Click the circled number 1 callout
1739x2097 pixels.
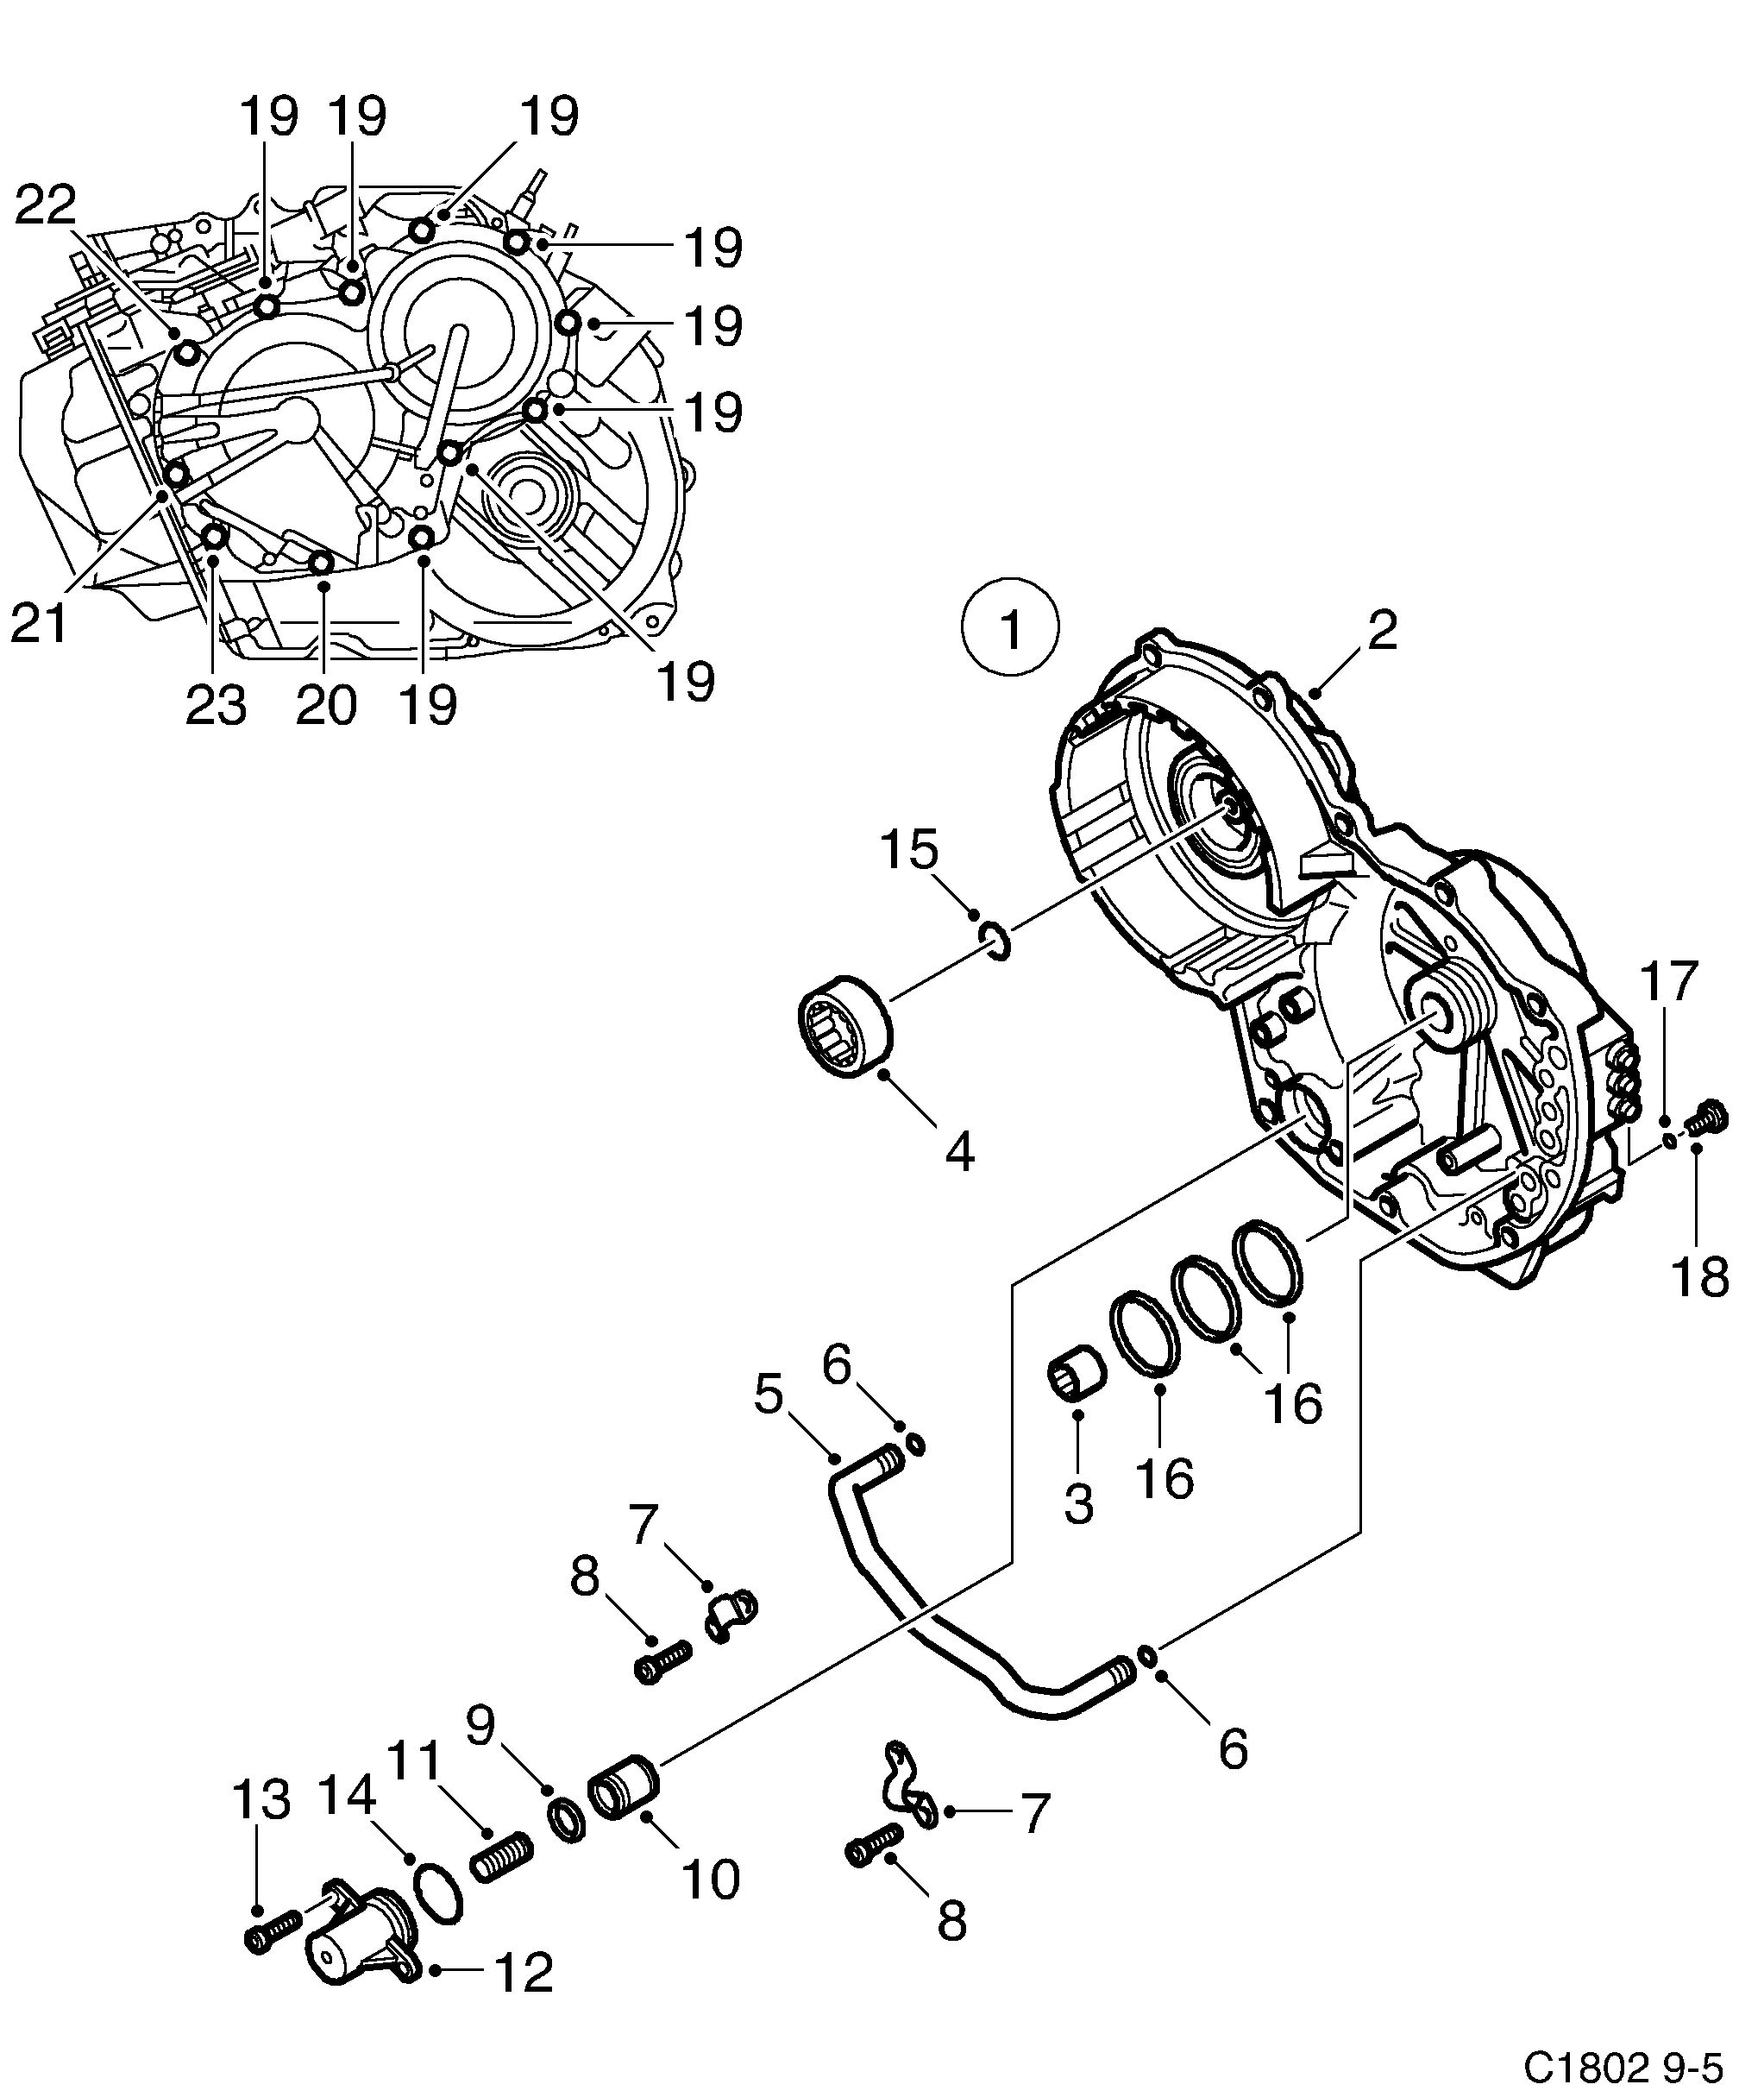point(1010,631)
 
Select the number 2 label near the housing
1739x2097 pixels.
point(1382,631)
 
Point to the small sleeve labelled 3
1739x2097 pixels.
point(1078,1380)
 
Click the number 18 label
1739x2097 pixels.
point(1700,1276)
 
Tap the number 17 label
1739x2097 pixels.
point(1669,980)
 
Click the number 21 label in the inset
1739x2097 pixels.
point(38,624)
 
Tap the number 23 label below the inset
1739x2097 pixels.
point(216,706)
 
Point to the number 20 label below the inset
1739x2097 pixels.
point(326,706)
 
